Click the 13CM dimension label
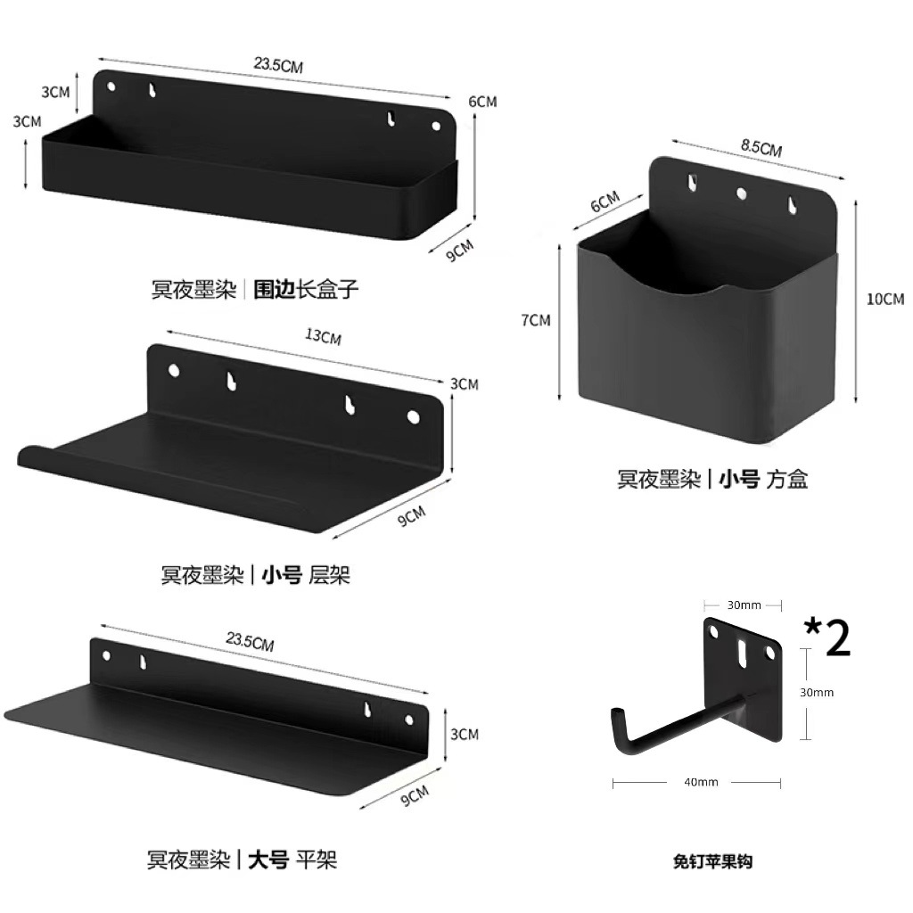[x=322, y=337]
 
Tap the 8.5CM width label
[x=761, y=149]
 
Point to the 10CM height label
[x=884, y=299]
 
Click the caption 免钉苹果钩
[x=712, y=861]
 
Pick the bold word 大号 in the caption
[x=267, y=860]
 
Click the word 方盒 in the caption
[x=787, y=480]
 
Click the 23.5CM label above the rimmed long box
[x=276, y=65]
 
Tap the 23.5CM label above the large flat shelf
[x=251, y=641]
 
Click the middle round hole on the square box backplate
[x=742, y=193]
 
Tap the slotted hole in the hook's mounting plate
[x=742, y=654]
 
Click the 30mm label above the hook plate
[x=744, y=605]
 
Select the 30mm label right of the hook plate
[x=816, y=692]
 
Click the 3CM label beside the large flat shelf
[x=465, y=734]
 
